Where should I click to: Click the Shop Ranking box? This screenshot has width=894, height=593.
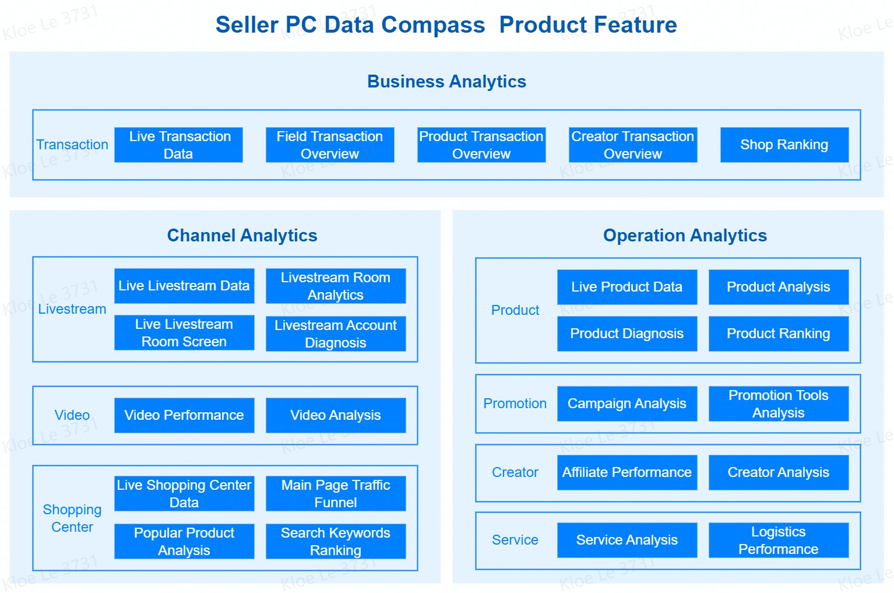pyautogui.click(x=784, y=145)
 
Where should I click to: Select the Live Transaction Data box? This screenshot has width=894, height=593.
pyautogui.click(x=178, y=145)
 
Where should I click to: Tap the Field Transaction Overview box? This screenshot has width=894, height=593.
pyautogui.click(x=330, y=145)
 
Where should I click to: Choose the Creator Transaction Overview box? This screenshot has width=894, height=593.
pyautogui.click(x=633, y=145)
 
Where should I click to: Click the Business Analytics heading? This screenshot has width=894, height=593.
pyautogui.click(x=446, y=82)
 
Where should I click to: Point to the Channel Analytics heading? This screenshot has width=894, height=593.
pyautogui.click(x=242, y=236)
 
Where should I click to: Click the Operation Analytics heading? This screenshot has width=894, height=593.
pyautogui.click(x=685, y=236)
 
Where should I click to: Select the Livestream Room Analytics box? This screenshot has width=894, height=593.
pyautogui.click(x=336, y=286)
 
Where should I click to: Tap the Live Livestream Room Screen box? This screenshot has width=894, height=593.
pyautogui.click(x=184, y=332)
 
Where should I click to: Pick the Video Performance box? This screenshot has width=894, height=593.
pyautogui.click(x=184, y=415)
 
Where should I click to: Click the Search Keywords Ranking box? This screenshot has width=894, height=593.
pyautogui.click(x=336, y=541)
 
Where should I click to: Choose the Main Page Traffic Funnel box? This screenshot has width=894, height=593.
pyautogui.click(x=336, y=493)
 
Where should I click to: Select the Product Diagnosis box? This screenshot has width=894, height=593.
pyautogui.click(x=627, y=334)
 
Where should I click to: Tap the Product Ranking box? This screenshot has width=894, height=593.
pyautogui.click(x=779, y=334)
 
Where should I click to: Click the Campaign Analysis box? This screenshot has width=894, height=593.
pyautogui.click(x=627, y=403)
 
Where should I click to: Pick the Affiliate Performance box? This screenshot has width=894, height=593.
pyautogui.click(x=627, y=472)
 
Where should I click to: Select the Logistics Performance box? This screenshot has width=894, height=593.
pyautogui.click(x=779, y=540)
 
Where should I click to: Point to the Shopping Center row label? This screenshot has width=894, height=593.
pyautogui.click(x=72, y=518)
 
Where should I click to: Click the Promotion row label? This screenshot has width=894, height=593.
pyautogui.click(x=515, y=403)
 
